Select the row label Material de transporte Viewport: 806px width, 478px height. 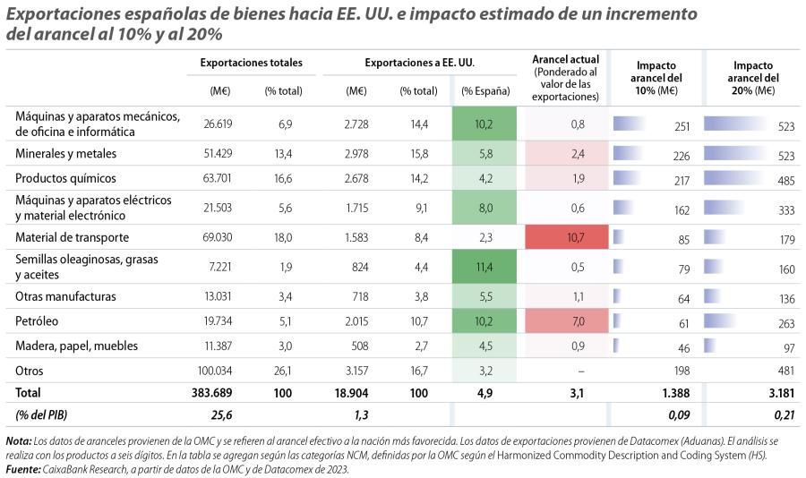click(73, 237)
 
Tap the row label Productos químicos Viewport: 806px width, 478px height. click(65, 178)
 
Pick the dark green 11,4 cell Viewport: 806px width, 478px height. click(484, 267)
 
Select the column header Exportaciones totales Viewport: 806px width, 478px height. click(251, 63)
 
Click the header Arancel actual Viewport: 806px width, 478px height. click(565, 59)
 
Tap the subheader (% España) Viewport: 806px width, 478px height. click(484, 90)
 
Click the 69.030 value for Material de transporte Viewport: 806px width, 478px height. click(218, 237)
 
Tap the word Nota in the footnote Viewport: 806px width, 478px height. click(18, 441)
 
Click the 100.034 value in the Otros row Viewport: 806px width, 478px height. click(214, 370)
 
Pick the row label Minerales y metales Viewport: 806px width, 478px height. click(65, 154)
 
